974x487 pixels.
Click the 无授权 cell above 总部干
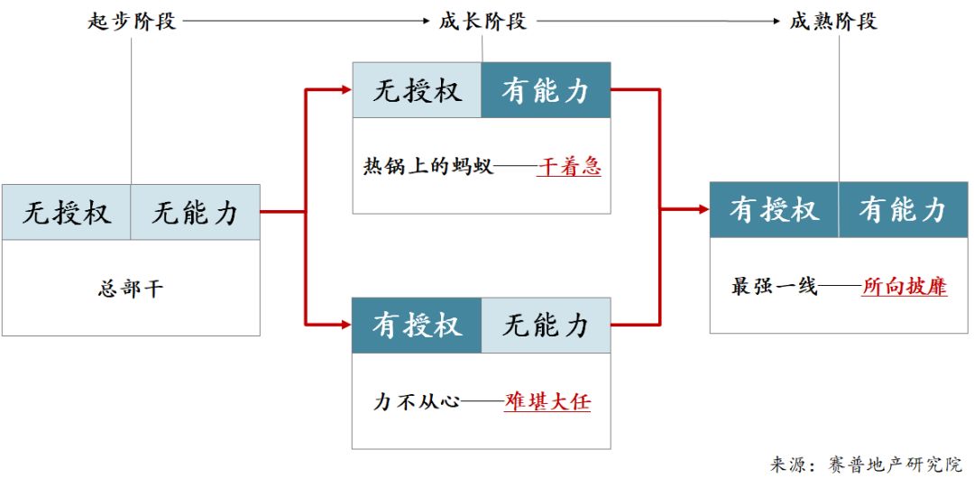click(x=67, y=213)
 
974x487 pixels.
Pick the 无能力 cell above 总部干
click(x=196, y=213)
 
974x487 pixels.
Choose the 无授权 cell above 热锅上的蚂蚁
click(x=417, y=90)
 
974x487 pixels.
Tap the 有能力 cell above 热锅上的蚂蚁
click(x=546, y=90)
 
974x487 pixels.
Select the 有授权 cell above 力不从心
click(x=417, y=325)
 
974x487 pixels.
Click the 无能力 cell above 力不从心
click(x=546, y=325)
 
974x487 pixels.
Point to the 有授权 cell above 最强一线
click(x=774, y=210)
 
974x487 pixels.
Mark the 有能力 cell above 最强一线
click(x=903, y=210)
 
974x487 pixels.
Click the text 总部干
click(x=131, y=289)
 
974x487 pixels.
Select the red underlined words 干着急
click(x=569, y=167)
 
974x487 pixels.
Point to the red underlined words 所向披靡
click(x=905, y=287)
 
